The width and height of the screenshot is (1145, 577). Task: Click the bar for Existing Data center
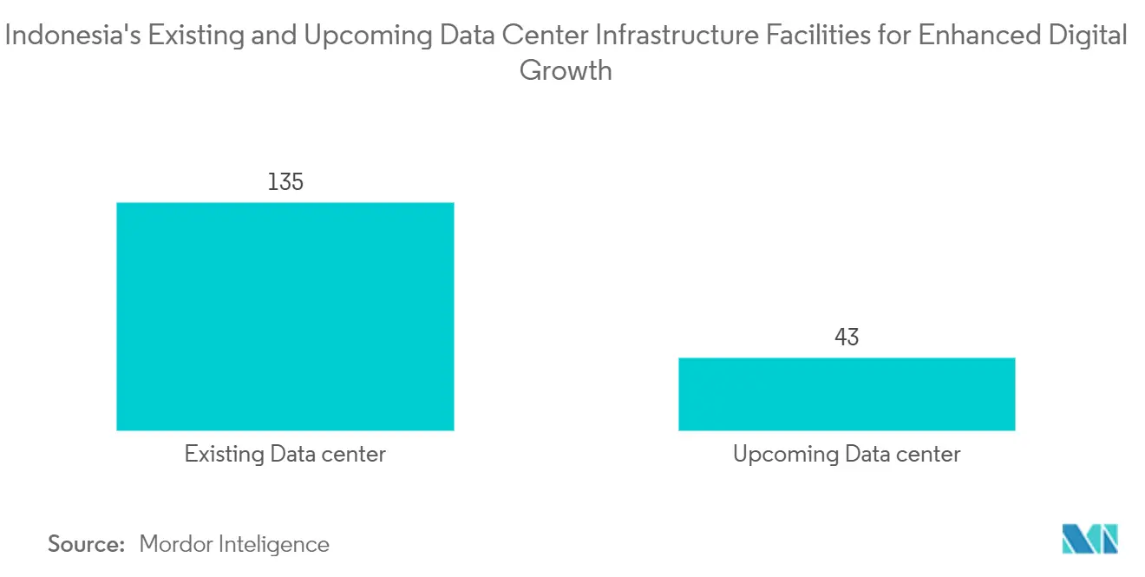pyautogui.click(x=285, y=316)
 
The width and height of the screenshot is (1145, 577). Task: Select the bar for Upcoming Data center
pyautogui.click(x=846, y=394)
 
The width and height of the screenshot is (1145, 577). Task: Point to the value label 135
pyautogui.click(x=285, y=182)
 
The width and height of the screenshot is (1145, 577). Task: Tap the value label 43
pyautogui.click(x=846, y=337)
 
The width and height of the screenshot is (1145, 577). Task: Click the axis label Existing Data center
pyautogui.click(x=285, y=454)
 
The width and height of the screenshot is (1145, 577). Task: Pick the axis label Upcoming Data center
pyautogui.click(x=846, y=454)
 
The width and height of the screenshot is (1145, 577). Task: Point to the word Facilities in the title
pyautogui.click(x=808, y=36)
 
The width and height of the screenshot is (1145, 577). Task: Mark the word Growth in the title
pyautogui.click(x=566, y=69)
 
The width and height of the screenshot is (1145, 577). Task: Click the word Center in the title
pyautogui.click(x=540, y=36)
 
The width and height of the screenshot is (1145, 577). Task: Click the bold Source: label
pyautogui.click(x=86, y=545)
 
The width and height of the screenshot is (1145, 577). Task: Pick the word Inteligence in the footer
pyautogui.click(x=278, y=545)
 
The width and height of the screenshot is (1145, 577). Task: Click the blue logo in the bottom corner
pyautogui.click(x=1089, y=539)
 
